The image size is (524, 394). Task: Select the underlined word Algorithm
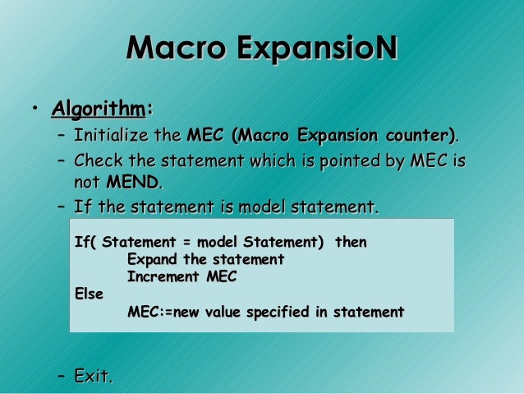(x=98, y=109)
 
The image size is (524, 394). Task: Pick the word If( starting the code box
(x=85, y=243)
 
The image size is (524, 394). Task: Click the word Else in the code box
(x=89, y=294)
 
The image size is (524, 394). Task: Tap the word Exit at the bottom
(x=92, y=377)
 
